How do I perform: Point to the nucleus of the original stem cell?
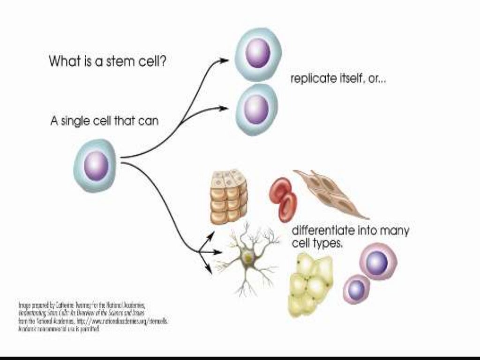point(96,165)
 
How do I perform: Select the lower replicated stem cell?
point(256,109)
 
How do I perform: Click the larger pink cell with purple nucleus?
point(378,261)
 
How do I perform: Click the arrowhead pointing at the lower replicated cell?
point(225,108)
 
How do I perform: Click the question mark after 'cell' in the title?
point(162,61)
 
